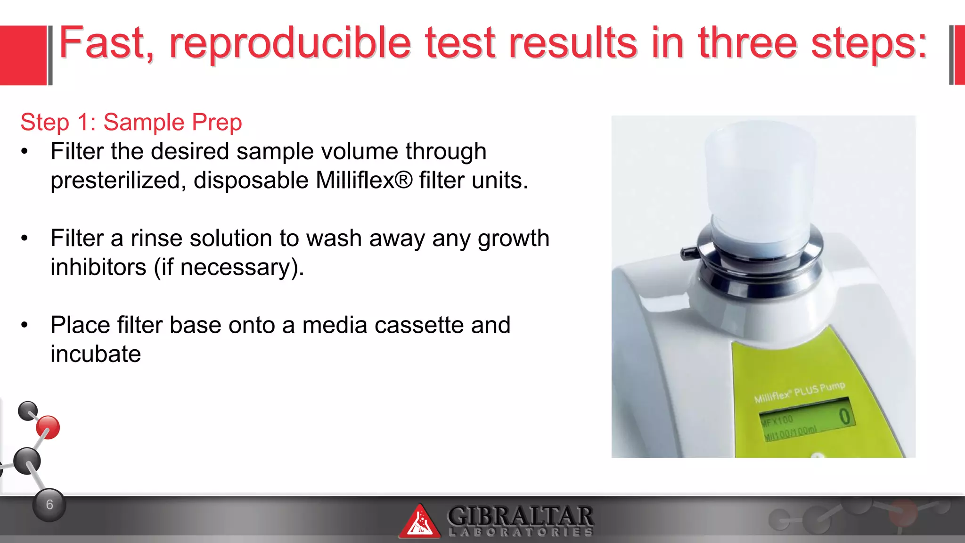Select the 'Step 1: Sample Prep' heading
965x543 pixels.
click(131, 123)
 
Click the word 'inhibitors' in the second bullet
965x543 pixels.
click(98, 267)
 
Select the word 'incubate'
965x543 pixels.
click(96, 354)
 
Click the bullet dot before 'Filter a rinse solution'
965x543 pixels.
click(25, 239)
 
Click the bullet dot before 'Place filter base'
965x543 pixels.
click(25, 325)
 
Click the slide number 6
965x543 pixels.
click(49, 505)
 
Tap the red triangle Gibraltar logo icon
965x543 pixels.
click(419, 522)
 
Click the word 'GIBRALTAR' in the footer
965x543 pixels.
click(520, 516)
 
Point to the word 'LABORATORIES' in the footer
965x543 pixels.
click(520, 533)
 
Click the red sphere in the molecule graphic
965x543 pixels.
click(48, 428)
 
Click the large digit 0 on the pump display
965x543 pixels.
click(844, 417)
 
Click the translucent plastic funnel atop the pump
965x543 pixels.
click(760, 189)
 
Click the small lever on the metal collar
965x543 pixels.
click(688, 253)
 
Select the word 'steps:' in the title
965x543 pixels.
click(868, 44)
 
